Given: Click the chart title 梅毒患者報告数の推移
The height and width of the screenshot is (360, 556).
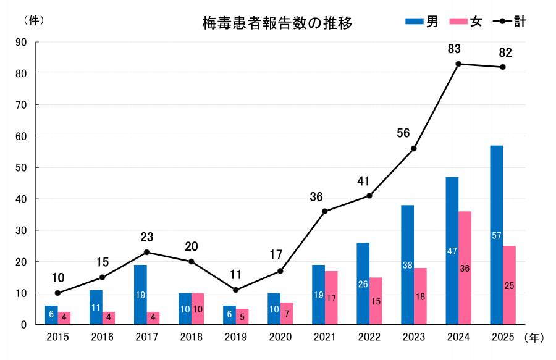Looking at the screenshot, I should (277, 23).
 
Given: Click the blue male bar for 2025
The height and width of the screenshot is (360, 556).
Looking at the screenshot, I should (496, 235).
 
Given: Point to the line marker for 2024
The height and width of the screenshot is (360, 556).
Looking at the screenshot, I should (458, 64).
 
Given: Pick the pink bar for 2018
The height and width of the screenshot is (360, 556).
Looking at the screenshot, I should (198, 309).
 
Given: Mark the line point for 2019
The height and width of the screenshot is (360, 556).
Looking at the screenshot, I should (235, 290).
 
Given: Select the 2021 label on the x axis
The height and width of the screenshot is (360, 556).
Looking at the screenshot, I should (324, 337).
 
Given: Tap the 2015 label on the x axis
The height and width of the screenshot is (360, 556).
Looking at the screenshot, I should (57, 337).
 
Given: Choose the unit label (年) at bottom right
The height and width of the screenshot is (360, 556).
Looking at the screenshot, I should (534, 337).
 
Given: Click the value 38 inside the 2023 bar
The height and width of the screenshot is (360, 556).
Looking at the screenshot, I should (407, 265).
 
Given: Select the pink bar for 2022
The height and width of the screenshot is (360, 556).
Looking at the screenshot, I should (376, 301).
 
